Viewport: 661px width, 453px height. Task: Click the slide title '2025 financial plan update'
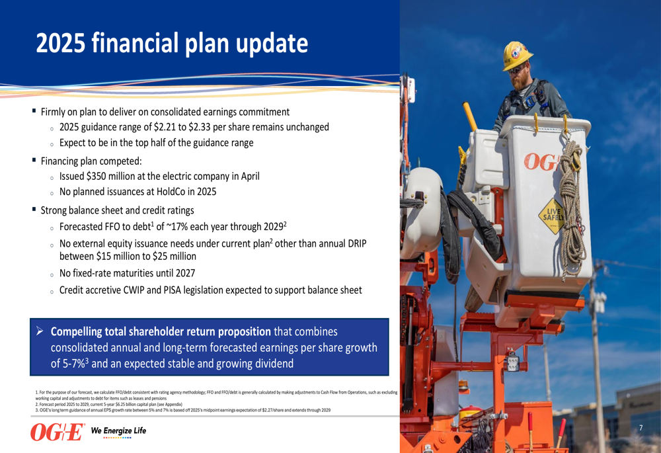pyautogui.click(x=172, y=44)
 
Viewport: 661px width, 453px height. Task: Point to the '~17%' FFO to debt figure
pyautogui.click(x=178, y=226)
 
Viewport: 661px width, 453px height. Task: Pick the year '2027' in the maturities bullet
pyautogui.click(x=185, y=273)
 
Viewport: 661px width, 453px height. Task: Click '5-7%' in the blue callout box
pyautogui.click(x=74, y=364)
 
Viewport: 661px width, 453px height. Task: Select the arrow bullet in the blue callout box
pyautogui.click(x=40, y=331)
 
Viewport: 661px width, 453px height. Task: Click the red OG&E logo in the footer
pyautogui.click(x=58, y=432)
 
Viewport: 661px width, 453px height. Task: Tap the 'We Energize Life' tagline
pyautogui.click(x=118, y=431)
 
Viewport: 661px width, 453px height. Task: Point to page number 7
pyautogui.click(x=641, y=428)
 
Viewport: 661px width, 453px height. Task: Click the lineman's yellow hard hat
pyautogui.click(x=516, y=55)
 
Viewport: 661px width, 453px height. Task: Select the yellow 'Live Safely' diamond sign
pyautogui.click(x=552, y=216)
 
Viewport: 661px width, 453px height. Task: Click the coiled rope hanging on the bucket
pyautogui.click(x=572, y=207)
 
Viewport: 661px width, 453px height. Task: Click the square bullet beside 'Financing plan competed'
pyautogui.click(x=34, y=160)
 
